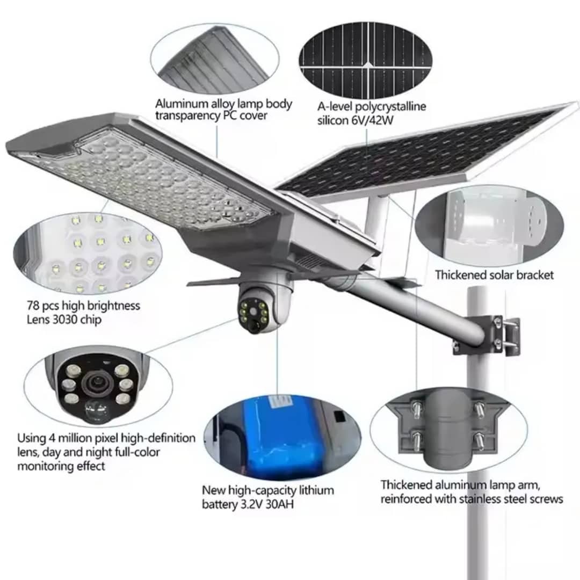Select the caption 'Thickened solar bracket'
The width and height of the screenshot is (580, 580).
click(494, 275)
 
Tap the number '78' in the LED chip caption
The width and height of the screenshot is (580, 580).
click(34, 306)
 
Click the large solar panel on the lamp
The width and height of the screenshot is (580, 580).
click(424, 153)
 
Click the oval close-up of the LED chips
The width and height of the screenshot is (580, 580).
click(86, 252)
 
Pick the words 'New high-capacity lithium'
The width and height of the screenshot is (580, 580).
click(267, 490)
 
